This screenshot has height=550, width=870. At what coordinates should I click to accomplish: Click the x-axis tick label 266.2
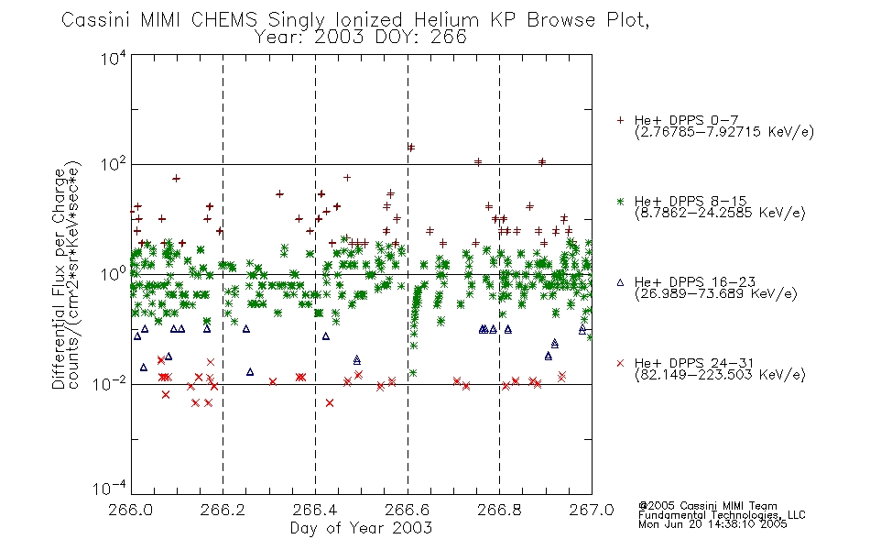[223, 510]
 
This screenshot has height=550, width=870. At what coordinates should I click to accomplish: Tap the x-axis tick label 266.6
[408, 510]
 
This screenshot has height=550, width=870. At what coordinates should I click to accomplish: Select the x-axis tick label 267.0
[592, 510]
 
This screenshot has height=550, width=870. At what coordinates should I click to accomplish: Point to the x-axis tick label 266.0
[131, 510]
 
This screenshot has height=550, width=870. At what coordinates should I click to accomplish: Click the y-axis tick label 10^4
[114, 57]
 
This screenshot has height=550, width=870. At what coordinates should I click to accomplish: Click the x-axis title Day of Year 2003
[361, 528]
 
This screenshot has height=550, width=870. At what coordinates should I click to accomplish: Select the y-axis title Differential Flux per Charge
[59, 279]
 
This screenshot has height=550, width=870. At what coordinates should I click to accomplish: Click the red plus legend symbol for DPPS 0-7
[620, 120]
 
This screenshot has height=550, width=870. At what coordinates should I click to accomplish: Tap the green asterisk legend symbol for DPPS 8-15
[620, 201]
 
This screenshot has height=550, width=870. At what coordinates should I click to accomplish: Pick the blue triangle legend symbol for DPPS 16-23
[620, 282]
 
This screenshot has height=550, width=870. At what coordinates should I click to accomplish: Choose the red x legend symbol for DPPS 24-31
[620, 363]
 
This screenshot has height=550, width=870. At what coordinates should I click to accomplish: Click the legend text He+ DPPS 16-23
[695, 282]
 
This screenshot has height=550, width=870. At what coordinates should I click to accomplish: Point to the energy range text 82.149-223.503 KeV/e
[720, 375]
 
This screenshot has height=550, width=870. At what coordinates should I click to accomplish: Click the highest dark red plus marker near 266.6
[410, 148]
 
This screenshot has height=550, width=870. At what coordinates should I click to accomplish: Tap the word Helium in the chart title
[447, 20]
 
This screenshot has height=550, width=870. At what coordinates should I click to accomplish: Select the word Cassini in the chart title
[95, 20]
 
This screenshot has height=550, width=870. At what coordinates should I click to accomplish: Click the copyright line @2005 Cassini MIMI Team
[707, 506]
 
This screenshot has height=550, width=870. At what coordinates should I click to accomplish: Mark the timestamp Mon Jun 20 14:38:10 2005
[712, 524]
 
